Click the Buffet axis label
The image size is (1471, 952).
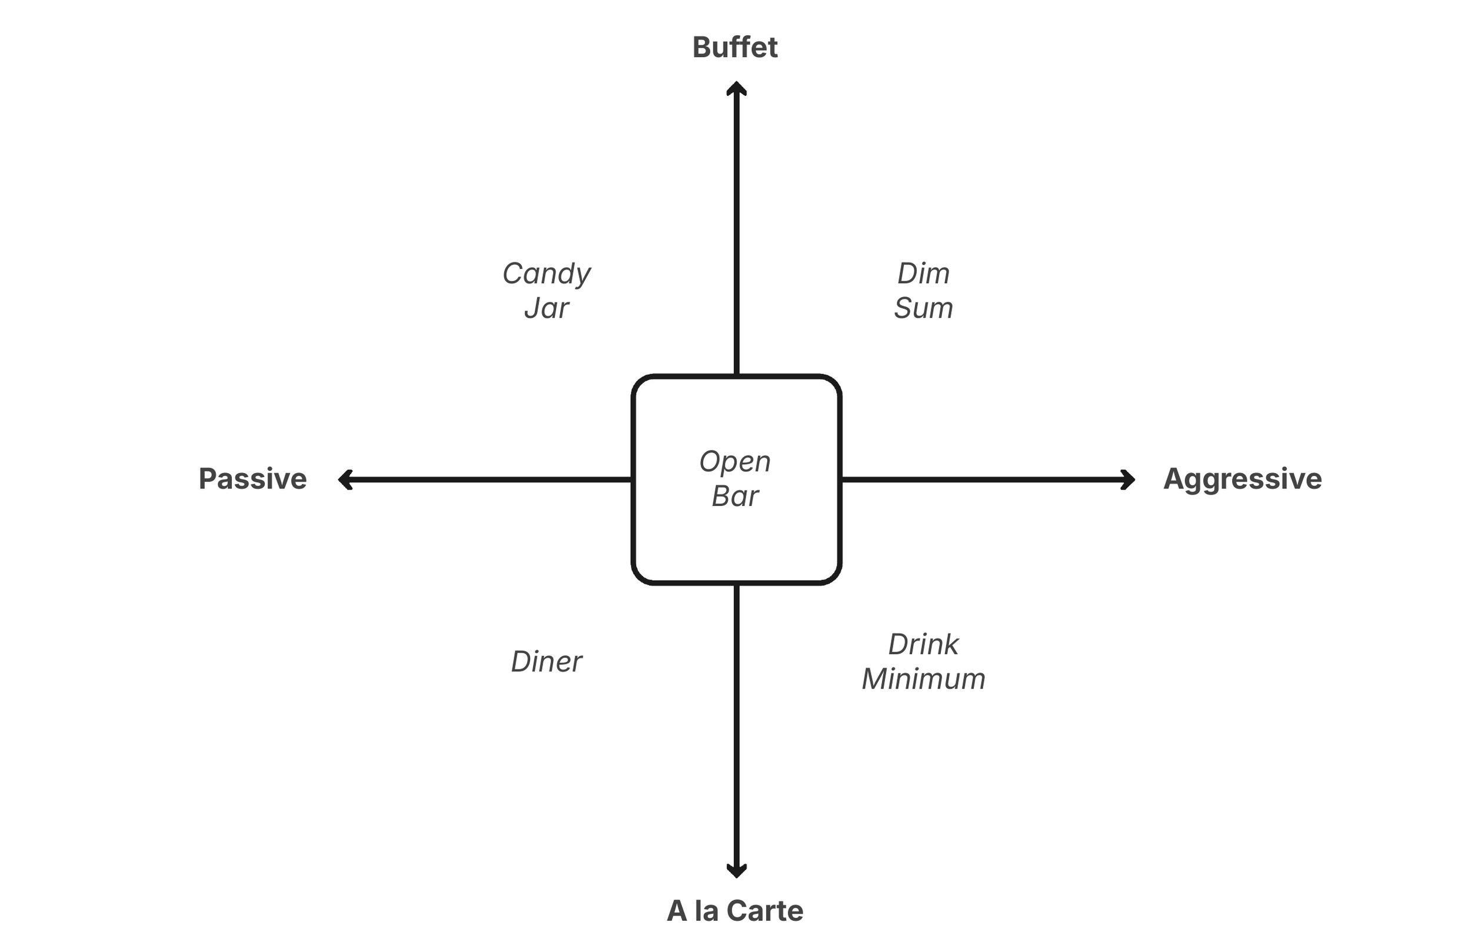pyautogui.click(x=735, y=48)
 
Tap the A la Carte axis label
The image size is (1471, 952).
pyautogui.click(x=735, y=911)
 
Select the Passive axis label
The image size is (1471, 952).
pyautogui.click(x=252, y=479)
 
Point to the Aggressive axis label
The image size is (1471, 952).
pyautogui.click(x=1242, y=479)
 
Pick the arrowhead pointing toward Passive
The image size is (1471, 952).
pyautogui.click(x=345, y=480)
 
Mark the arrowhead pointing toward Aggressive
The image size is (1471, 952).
pyautogui.click(x=1129, y=480)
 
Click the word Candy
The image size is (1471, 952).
pyautogui.click(x=547, y=274)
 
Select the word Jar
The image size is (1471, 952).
pyautogui.click(x=547, y=308)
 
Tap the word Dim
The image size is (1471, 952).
pyautogui.click(x=923, y=273)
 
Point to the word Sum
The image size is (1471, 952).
pyautogui.click(x=923, y=308)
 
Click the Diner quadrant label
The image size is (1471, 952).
pyautogui.click(x=547, y=661)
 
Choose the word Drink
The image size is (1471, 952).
pyautogui.click(x=923, y=645)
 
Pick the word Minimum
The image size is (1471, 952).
pyautogui.click(x=923, y=679)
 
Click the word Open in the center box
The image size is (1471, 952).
pyautogui.click(x=735, y=462)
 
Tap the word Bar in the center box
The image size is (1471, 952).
pyautogui.click(x=735, y=497)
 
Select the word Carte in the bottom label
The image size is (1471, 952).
pyautogui.click(x=764, y=911)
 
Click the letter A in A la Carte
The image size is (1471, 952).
pyautogui.click(x=677, y=911)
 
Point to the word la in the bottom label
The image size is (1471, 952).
pyautogui.click(x=706, y=911)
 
